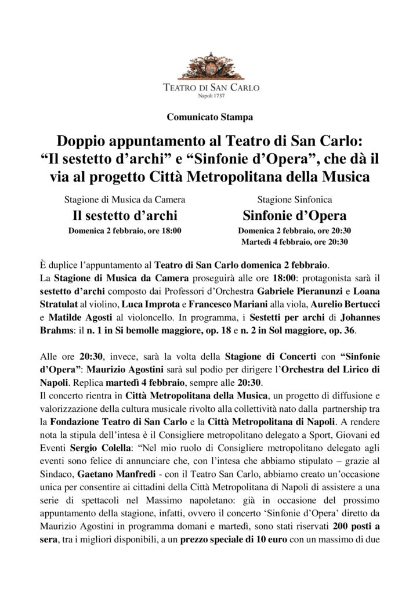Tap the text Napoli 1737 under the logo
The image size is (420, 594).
209,95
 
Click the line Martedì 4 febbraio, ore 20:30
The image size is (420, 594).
295,241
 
